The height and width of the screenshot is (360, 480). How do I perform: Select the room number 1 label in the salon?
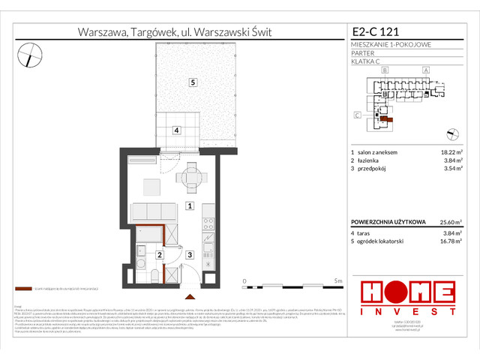click(190, 205)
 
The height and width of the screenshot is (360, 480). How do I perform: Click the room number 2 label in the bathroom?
click(159, 255)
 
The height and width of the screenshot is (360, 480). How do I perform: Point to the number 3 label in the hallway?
click(190, 255)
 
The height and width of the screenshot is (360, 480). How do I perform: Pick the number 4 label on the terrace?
click(175, 130)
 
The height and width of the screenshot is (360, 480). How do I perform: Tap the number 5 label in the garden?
click(192, 82)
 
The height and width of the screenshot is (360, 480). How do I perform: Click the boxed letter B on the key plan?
click(384, 70)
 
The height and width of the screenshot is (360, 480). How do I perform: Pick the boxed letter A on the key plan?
click(425, 70)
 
